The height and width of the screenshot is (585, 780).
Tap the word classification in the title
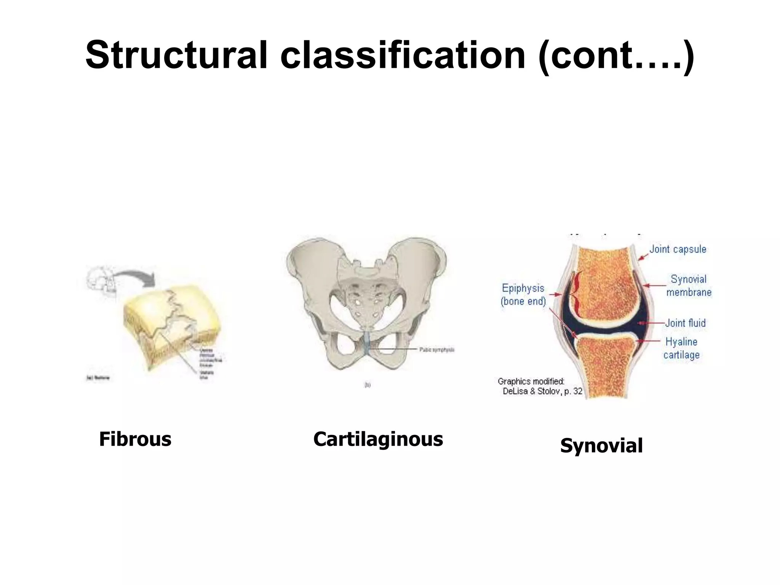point(403,55)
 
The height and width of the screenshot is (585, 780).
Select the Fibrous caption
point(135,439)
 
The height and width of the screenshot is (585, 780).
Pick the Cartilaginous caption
point(378,439)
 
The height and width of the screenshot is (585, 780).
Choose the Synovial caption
point(601,446)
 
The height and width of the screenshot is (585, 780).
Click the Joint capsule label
point(678,249)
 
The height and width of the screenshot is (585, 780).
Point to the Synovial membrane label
point(689,286)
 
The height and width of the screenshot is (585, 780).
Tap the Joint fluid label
point(686,323)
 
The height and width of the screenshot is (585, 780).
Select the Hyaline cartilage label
point(681,348)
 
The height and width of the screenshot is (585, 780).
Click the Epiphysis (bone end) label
point(523,295)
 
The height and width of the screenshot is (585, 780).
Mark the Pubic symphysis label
point(437,350)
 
